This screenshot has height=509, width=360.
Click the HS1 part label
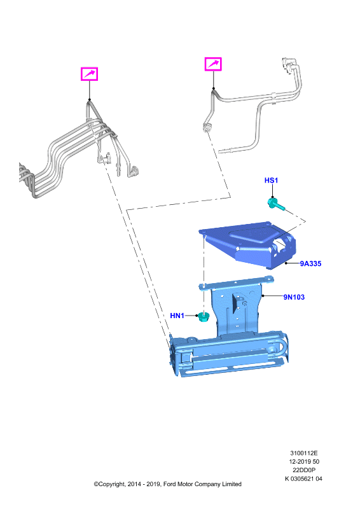click(271, 180)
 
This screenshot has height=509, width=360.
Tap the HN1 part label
click(177, 316)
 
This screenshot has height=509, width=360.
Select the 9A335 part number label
click(310, 263)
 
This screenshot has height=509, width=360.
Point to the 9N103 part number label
click(294, 297)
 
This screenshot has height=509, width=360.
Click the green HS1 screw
click(276, 204)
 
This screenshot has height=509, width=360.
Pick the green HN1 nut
click(203, 316)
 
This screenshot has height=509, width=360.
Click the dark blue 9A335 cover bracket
click(248, 244)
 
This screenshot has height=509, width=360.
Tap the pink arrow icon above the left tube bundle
click(89, 74)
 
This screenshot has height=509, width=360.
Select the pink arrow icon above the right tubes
click(213, 64)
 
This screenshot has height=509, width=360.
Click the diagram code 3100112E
click(304, 453)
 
